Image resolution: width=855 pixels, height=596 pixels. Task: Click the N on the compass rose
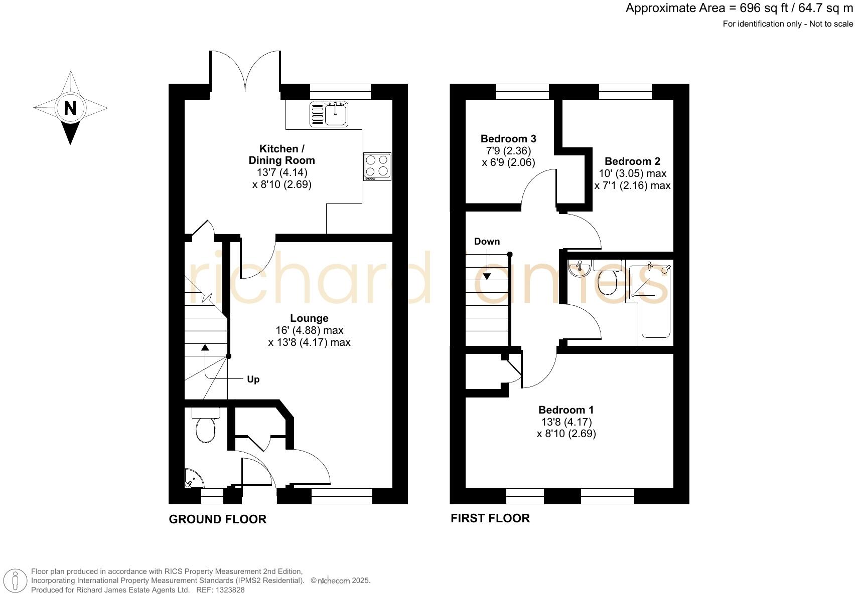70,108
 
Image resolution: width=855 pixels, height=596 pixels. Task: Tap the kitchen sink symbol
329,113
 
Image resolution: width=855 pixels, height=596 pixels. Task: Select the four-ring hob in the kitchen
377,166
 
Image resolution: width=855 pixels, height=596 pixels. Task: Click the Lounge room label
309,318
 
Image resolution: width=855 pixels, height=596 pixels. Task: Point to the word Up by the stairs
253,379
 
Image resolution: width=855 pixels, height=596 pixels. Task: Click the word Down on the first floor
487,242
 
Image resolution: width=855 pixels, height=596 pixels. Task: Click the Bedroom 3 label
508,139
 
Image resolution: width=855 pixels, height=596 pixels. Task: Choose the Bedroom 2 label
632,161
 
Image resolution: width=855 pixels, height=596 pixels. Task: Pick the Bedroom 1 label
566,410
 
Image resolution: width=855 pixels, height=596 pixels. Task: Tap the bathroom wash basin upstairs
579,268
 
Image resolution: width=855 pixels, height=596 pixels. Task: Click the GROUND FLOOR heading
217,519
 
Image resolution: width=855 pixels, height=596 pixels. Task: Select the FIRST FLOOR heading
490,518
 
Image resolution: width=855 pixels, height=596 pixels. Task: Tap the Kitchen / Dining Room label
281,154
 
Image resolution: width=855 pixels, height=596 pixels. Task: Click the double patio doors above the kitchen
245,70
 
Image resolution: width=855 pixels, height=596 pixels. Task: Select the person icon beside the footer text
16,581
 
